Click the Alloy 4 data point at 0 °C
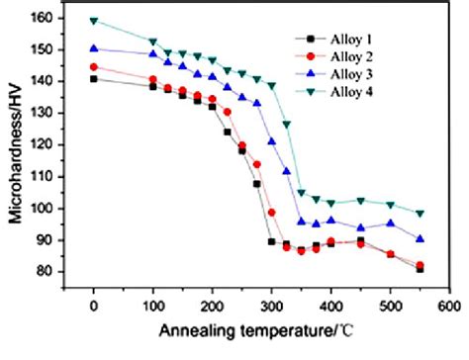93,20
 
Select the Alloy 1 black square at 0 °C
93,79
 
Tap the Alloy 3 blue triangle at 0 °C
93,48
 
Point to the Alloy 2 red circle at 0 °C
93,67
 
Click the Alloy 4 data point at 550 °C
420,213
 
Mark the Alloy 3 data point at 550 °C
420,238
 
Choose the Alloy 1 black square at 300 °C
271,241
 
